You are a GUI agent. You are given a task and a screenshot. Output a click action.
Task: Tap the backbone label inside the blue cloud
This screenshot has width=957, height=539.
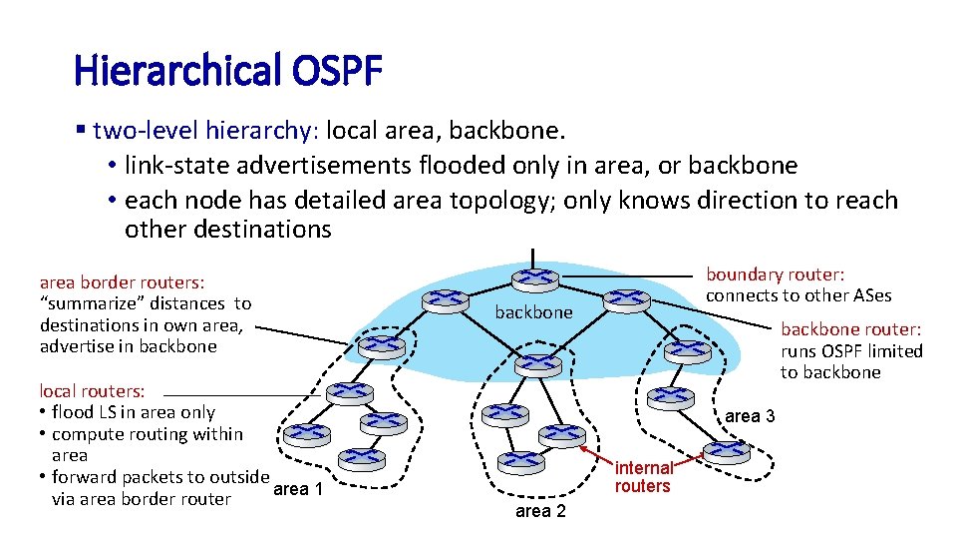point(534,312)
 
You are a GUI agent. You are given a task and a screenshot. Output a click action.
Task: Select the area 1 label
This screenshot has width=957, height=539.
point(298,489)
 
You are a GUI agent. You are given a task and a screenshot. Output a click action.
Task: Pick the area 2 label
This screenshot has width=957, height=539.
point(540,511)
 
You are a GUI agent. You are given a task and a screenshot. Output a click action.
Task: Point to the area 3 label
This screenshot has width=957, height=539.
point(750,416)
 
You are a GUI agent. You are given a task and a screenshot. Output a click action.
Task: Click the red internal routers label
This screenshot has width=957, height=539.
point(643,477)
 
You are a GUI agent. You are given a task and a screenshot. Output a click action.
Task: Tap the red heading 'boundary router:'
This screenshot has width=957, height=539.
point(776,274)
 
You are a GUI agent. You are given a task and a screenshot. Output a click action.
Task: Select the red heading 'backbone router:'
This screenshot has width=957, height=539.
point(851,328)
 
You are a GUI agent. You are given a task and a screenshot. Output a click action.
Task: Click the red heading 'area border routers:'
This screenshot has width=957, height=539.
point(123,282)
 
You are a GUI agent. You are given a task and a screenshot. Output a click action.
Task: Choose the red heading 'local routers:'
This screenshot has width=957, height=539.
point(92,390)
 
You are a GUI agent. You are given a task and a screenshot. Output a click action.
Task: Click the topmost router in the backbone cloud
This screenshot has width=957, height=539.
point(534,278)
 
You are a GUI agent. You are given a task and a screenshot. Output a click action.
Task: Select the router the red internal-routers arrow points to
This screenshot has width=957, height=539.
point(726,451)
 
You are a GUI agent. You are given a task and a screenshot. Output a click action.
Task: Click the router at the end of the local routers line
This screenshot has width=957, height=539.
point(350,394)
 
